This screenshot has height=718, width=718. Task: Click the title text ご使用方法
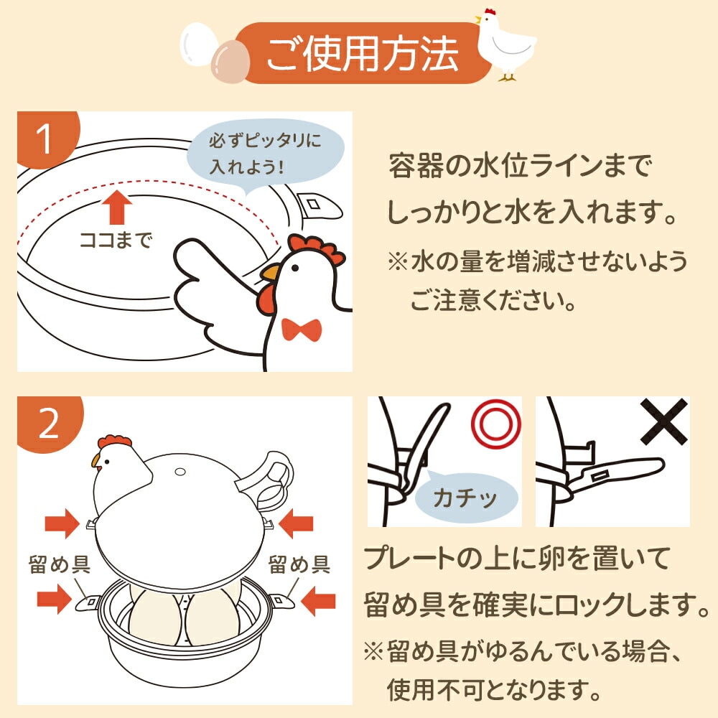[x=362, y=52]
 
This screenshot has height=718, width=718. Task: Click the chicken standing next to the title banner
[x=505, y=45]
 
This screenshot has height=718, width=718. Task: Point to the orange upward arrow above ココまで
[x=114, y=207]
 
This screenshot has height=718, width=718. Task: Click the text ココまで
[x=115, y=240]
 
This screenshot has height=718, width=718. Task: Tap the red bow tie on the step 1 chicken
[x=301, y=330]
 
